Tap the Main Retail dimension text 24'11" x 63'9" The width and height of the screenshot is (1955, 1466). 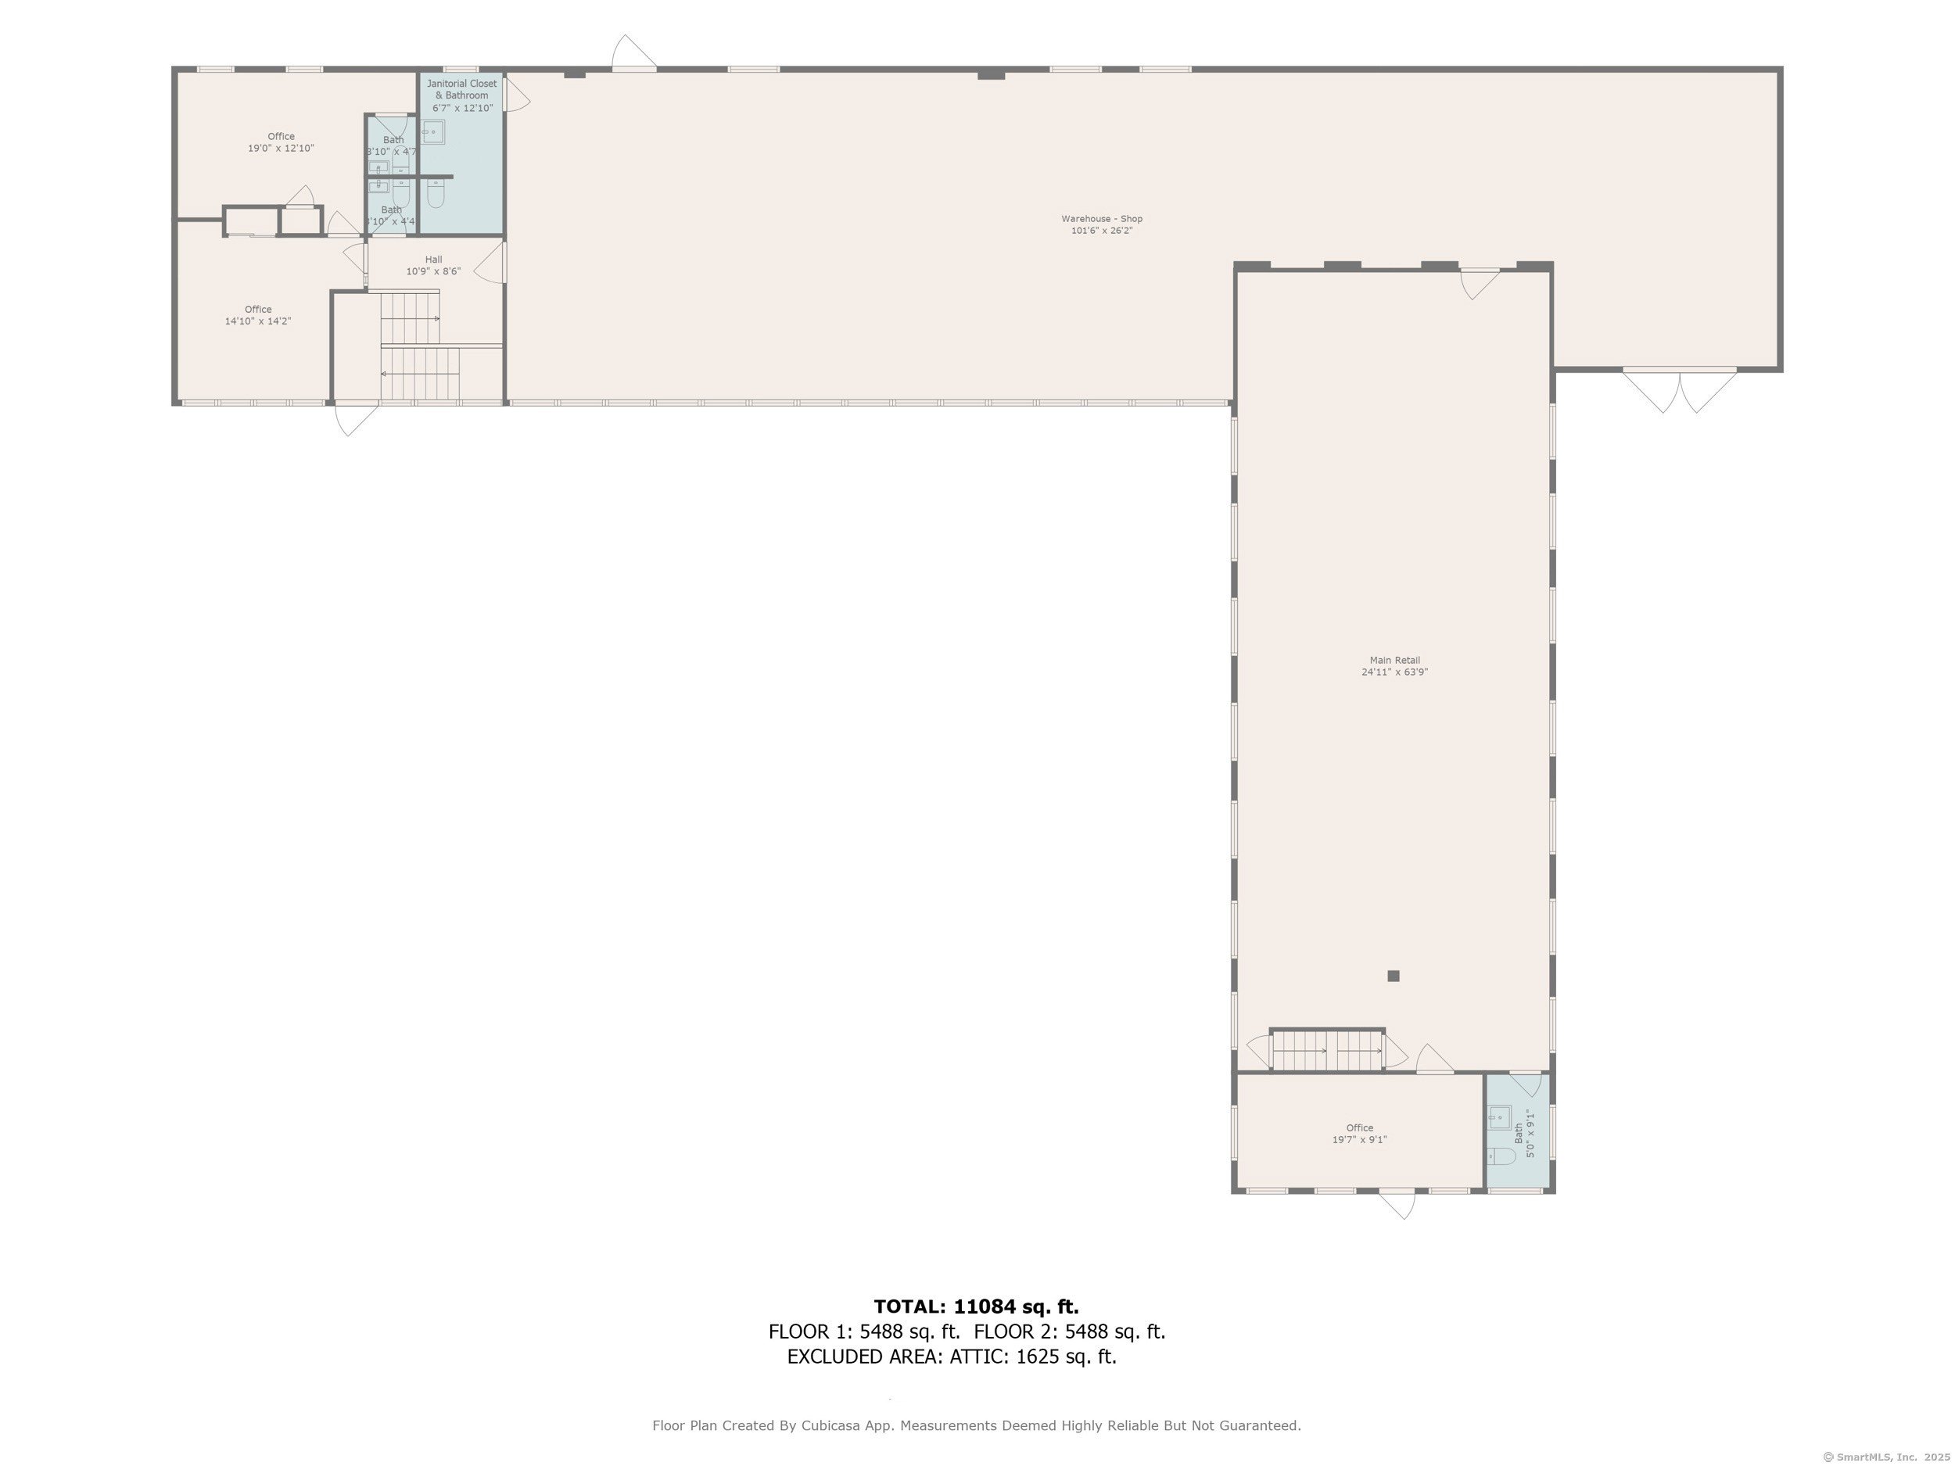click(x=1394, y=672)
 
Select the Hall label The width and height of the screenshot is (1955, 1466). click(x=433, y=260)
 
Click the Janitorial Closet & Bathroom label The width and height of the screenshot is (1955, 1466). click(x=461, y=89)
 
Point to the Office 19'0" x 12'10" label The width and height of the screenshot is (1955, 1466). click(x=281, y=142)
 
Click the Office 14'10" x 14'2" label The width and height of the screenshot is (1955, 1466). click(x=257, y=315)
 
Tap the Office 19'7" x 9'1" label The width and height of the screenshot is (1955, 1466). click(x=1359, y=1134)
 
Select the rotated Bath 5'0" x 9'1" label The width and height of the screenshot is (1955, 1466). click(x=1523, y=1134)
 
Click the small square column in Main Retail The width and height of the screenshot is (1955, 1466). click(x=1393, y=976)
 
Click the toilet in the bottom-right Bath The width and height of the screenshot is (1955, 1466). click(x=1500, y=1156)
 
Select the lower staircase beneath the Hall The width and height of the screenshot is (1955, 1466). click(x=421, y=374)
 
